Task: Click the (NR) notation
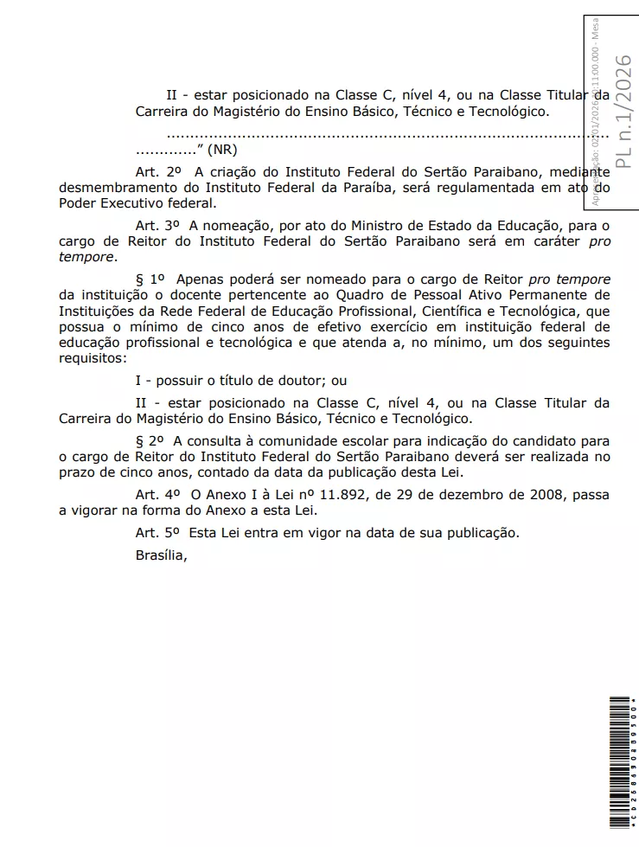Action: [x=221, y=150]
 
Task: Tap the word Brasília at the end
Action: [x=161, y=555]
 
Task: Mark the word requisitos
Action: [x=91, y=358]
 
